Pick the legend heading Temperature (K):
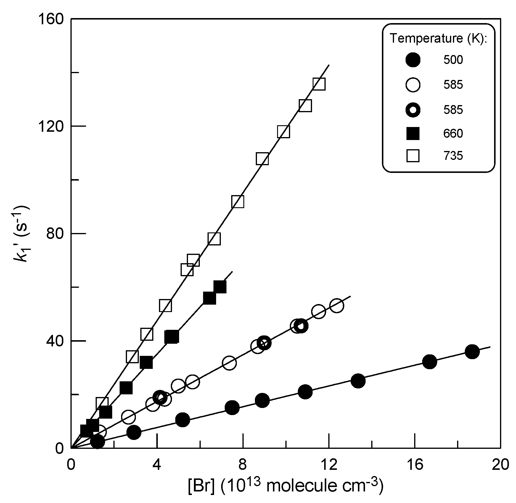(438, 38)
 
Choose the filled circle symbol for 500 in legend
(413, 60)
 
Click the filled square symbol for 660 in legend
(413, 134)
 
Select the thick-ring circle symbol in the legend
(413, 110)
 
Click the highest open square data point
(319, 84)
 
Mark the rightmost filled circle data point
(472, 352)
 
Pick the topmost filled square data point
(220, 287)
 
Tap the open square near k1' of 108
(262, 159)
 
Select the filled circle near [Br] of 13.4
(358, 381)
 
